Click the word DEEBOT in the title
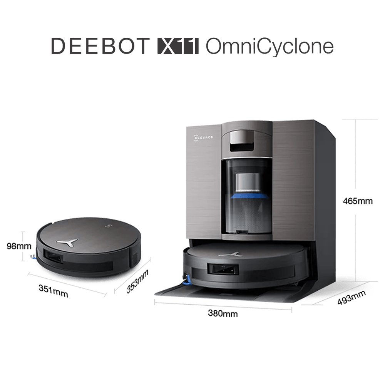pos(100,46)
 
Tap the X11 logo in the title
pos(178,46)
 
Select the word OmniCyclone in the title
pos(269,47)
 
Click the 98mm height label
pos(19,246)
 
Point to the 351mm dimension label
pos(53,291)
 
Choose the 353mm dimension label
pos(137,281)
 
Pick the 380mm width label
pos(223,313)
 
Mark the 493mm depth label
pos(352,298)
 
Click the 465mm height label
pos(358,201)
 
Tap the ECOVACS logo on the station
pos(203,138)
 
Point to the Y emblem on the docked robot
pos(230,254)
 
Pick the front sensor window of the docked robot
pos(223,269)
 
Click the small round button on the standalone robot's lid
pos(108,226)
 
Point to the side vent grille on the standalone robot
pos(134,260)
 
